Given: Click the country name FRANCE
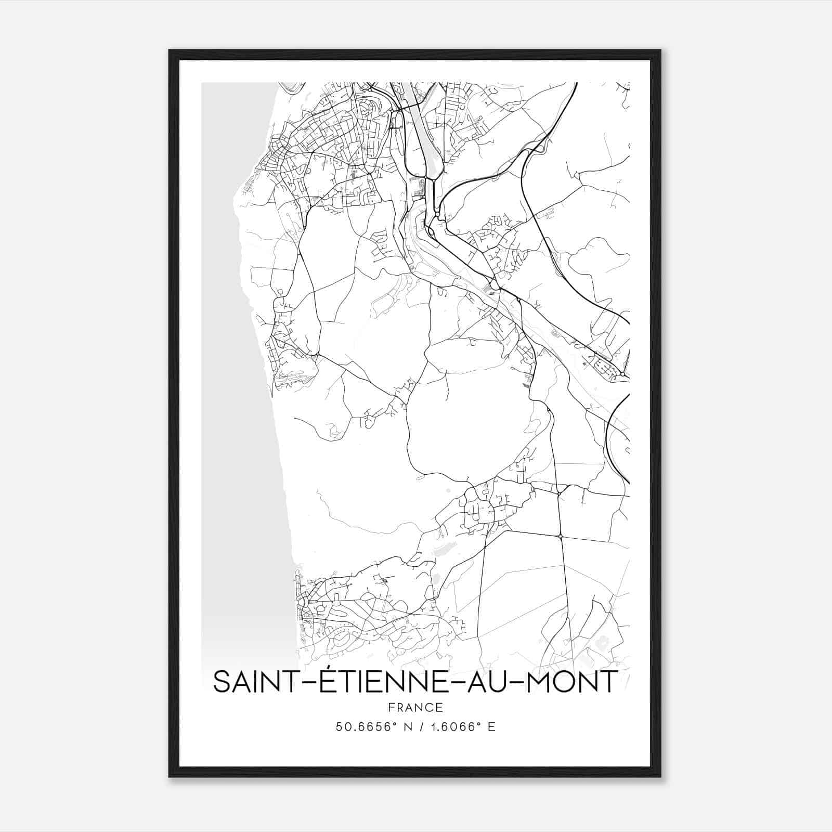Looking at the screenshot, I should click(x=415, y=707).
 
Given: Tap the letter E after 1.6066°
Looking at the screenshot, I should click(x=491, y=727).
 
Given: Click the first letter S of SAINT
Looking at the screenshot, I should click(x=221, y=682).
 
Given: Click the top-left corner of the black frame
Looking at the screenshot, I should click(x=170, y=51).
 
